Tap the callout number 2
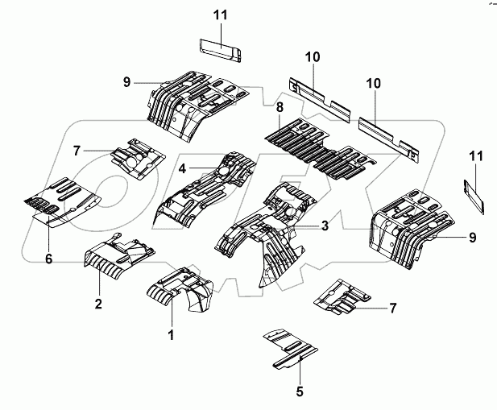pos(98,303)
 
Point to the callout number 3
pos(324,227)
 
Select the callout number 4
pos(183,168)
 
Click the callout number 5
pos(300,392)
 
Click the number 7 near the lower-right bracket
pos(392,308)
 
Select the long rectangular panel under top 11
pos(220,49)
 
